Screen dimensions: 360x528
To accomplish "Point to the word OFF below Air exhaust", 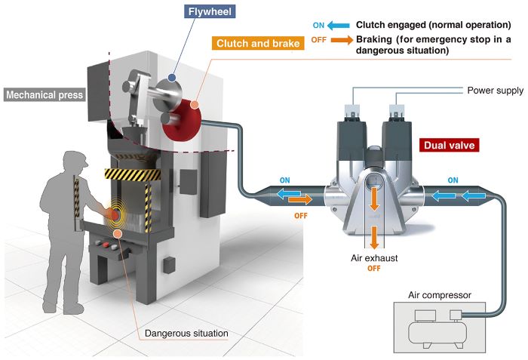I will point(374,268).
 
